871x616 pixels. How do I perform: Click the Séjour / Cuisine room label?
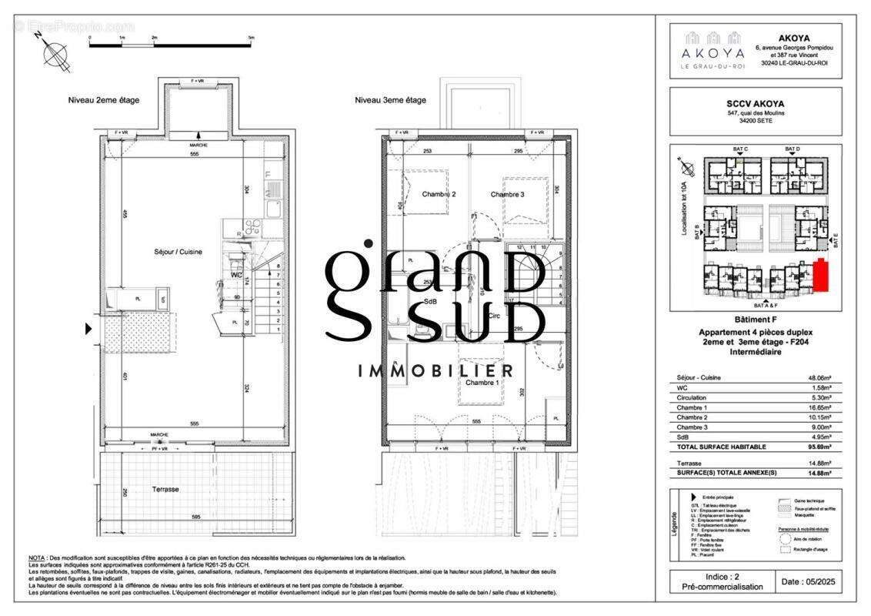click(x=177, y=252)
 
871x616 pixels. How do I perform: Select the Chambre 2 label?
click(x=439, y=195)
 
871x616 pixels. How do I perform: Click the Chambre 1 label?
click(x=482, y=383)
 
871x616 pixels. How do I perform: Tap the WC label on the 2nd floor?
click(x=237, y=274)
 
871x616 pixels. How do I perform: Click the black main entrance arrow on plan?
click(x=88, y=329)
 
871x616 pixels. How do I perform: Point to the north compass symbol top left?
click(x=54, y=54)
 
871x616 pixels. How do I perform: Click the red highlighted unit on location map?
click(x=821, y=276)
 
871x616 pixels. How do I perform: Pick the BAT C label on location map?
click(x=740, y=149)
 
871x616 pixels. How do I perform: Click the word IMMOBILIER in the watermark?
click(x=436, y=371)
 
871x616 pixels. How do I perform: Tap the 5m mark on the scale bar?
click(x=252, y=37)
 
